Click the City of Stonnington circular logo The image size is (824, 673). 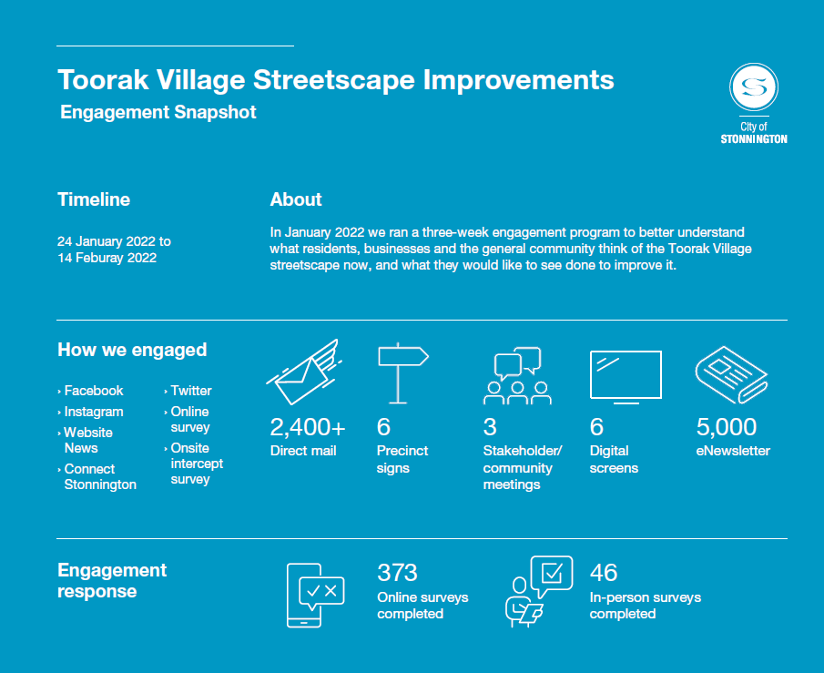click(753, 87)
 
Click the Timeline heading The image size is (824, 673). click(94, 199)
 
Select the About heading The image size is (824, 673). click(296, 199)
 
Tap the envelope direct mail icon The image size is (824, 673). click(302, 372)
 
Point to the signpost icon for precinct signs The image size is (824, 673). click(402, 372)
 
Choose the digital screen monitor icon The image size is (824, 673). click(626, 375)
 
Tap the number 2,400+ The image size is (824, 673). click(308, 426)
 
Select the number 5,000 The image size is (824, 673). click(726, 426)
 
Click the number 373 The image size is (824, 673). click(397, 572)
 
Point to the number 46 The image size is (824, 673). click(603, 572)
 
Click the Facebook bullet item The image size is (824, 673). click(93, 391)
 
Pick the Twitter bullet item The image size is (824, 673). click(190, 391)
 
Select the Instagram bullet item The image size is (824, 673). click(93, 412)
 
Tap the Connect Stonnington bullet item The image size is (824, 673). click(99, 477)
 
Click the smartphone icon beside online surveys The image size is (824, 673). click(314, 595)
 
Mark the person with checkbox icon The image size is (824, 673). click(538, 591)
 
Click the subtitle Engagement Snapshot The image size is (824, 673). click(158, 113)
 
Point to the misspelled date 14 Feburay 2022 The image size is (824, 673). click(107, 258)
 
